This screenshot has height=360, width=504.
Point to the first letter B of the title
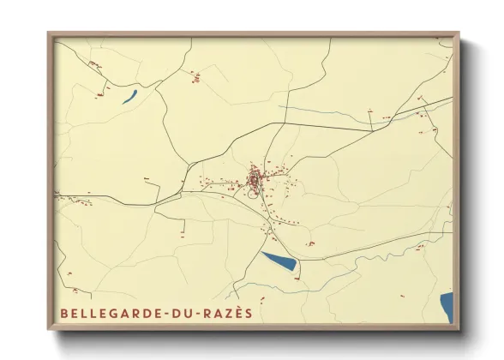[63, 314]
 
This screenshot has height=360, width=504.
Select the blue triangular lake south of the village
[280, 261]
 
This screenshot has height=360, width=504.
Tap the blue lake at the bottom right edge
[447, 307]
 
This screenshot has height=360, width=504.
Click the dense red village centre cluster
[255, 179]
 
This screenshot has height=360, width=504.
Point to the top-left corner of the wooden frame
[49, 34]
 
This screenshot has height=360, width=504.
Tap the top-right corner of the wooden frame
[459, 34]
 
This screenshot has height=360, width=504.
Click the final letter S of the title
[249, 314]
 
